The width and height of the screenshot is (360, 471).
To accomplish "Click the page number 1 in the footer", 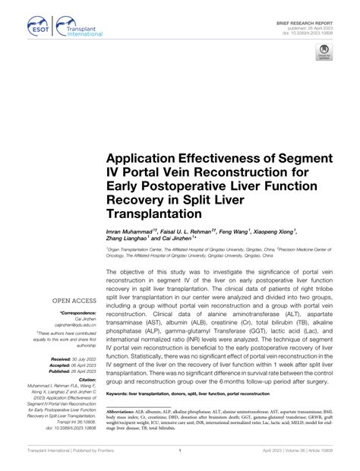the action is pyautogui.click(x=180, y=460).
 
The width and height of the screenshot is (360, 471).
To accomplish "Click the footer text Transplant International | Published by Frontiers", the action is pyautogui.click(x=57, y=460).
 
